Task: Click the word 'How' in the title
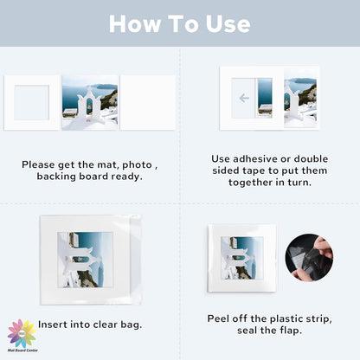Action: coord(131,23)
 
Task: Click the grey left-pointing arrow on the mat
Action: coord(243,98)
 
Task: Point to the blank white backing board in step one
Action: coord(147,102)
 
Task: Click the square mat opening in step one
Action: coord(32,102)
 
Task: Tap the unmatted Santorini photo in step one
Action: coord(90,102)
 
